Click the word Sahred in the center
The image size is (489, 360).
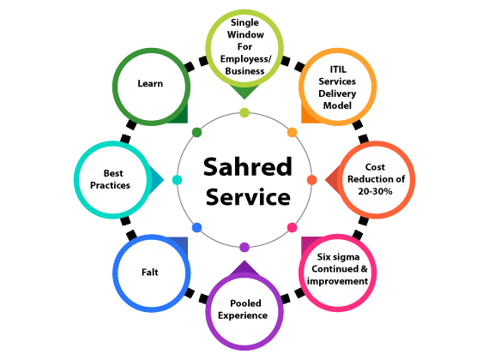point(248,167)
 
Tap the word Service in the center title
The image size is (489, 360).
point(248,197)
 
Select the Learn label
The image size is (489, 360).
point(150,83)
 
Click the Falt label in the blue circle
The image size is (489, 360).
point(150,272)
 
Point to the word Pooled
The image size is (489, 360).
point(245,303)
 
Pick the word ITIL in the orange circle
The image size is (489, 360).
point(338,69)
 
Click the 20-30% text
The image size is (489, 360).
point(375,191)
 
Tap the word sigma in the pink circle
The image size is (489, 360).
point(347,257)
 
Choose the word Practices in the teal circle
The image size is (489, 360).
point(110,185)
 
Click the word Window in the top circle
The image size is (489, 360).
point(245,34)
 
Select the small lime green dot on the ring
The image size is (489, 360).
point(244,112)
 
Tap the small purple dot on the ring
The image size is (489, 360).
point(244,248)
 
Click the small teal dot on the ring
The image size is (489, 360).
point(177,180)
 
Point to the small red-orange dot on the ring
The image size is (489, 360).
point(312,180)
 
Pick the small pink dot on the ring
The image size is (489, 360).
point(292,227)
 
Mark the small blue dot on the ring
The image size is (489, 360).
point(196,227)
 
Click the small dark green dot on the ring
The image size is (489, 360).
point(196,132)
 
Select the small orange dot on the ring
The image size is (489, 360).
point(292,132)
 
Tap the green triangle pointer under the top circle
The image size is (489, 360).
point(244,92)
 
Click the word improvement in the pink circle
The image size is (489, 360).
point(337,281)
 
